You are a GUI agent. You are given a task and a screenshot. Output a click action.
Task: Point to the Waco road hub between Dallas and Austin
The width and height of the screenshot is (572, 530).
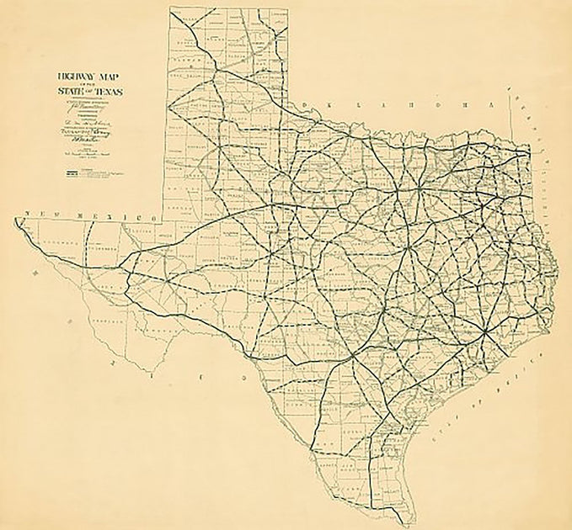[408, 250]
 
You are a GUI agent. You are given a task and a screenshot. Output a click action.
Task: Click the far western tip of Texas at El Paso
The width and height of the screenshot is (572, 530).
[16, 221]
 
